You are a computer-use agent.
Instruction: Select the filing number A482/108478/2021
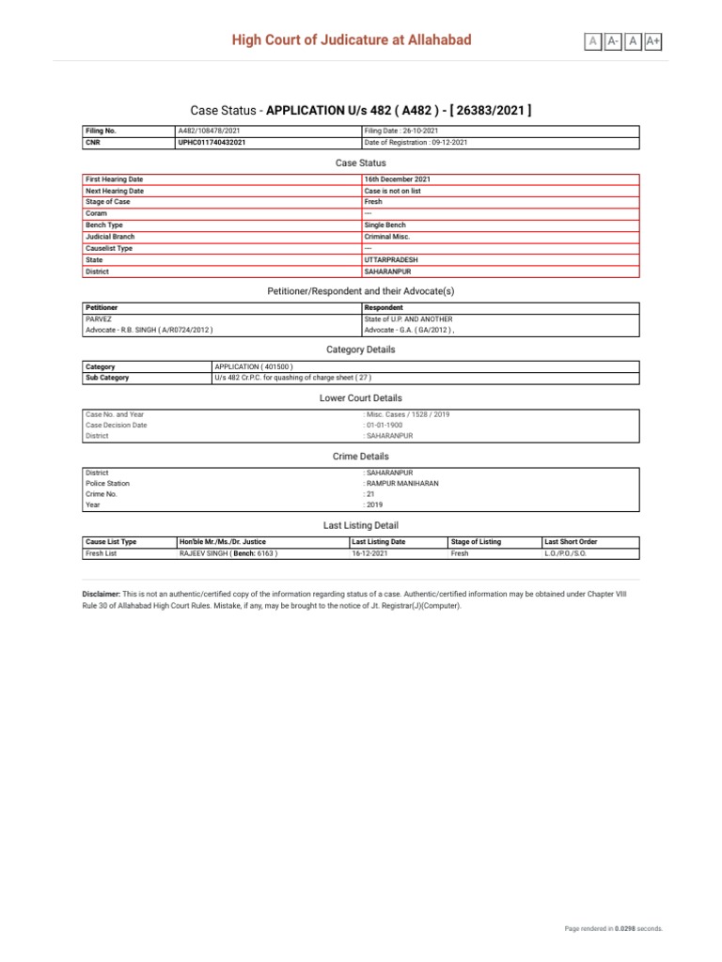208,131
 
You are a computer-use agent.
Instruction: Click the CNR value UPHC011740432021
212,143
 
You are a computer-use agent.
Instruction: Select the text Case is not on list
392,191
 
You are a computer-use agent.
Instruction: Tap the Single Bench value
385,225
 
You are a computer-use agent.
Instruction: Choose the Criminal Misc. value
388,238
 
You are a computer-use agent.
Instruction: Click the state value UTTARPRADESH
389,260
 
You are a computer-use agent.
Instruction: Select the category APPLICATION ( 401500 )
254,366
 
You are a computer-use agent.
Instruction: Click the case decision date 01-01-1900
385,425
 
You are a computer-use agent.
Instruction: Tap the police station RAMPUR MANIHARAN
401,484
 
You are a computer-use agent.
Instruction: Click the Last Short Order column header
571,542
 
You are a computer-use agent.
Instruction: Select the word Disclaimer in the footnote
102,595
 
